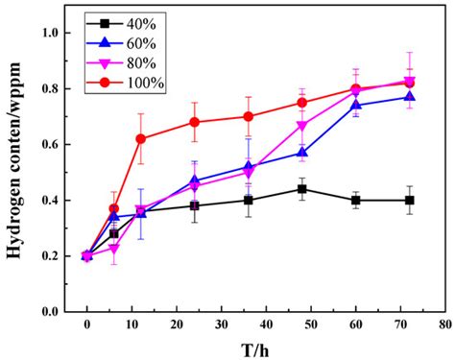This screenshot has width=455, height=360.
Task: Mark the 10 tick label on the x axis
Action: (131, 324)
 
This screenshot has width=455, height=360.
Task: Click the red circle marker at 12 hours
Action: (140, 138)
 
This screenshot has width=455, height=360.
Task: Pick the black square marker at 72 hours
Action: (410, 200)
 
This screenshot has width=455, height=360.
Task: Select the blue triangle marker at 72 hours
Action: (410, 97)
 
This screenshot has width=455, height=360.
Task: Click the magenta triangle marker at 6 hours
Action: (113, 249)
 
